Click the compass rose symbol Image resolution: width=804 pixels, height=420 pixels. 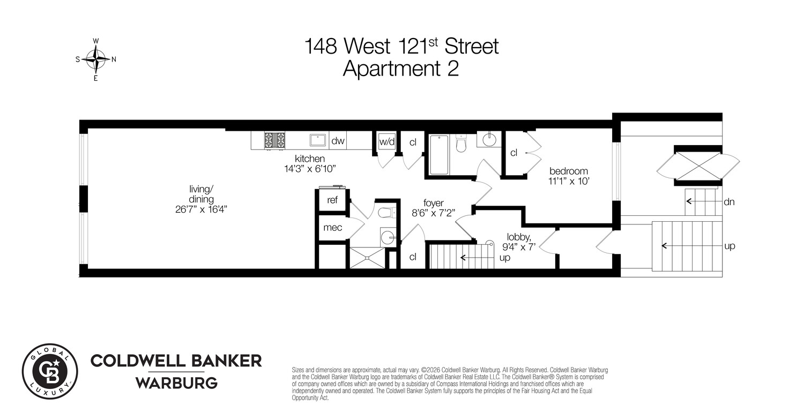(x=96, y=59)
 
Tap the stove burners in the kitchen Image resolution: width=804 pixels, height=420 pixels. (x=275, y=140)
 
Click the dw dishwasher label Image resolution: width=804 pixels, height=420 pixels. (x=338, y=141)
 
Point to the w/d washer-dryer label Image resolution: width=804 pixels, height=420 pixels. (x=386, y=142)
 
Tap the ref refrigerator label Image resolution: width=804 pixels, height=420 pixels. (x=332, y=201)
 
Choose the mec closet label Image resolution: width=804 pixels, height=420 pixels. (x=332, y=228)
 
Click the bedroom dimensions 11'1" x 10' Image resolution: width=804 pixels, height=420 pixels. (x=568, y=181)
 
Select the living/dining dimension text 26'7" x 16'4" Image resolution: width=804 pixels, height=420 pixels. (x=202, y=209)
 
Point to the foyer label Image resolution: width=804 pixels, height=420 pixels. (x=433, y=203)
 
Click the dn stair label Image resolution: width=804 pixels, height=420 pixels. (x=728, y=202)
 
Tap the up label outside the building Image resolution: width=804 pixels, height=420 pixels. (x=729, y=246)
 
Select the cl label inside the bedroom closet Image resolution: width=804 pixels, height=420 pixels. (x=513, y=153)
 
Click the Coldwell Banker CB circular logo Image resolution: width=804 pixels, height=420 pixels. (x=50, y=371)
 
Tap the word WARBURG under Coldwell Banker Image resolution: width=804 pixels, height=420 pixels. (x=176, y=383)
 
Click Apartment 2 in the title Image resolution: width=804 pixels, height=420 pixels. (x=401, y=69)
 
